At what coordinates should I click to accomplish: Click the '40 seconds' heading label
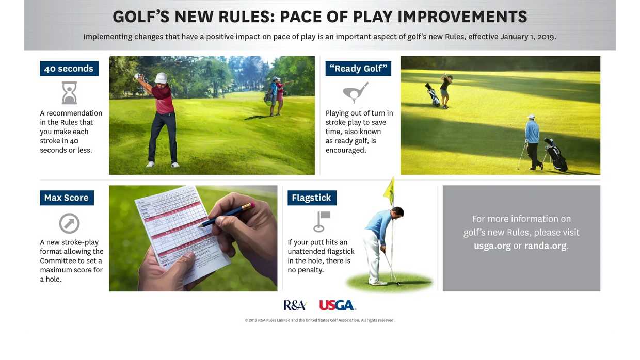pyautogui.click(x=69, y=69)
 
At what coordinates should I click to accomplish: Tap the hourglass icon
pyautogui.click(x=69, y=93)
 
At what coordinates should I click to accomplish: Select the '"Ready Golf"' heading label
pyautogui.click(x=358, y=69)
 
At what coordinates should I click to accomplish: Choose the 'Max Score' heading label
pyautogui.click(x=67, y=198)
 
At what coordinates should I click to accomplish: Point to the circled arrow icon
pyautogui.click(x=69, y=223)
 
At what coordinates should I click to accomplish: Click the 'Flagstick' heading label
pyautogui.click(x=312, y=198)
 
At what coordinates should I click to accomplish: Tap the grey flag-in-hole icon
pyautogui.click(x=321, y=221)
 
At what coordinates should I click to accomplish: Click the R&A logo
pyautogui.click(x=295, y=305)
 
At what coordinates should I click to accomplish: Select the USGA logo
pyautogui.click(x=338, y=305)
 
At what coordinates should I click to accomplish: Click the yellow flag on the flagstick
pyautogui.click(x=389, y=191)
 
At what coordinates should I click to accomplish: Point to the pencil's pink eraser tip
pyautogui.click(x=251, y=205)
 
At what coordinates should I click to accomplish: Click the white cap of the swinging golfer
pyautogui.click(x=162, y=77)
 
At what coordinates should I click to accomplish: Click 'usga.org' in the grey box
pyautogui.click(x=492, y=246)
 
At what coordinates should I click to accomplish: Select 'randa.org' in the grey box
pyautogui.click(x=545, y=246)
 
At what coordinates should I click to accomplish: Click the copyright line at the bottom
pyautogui.click(x=319, y=320)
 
